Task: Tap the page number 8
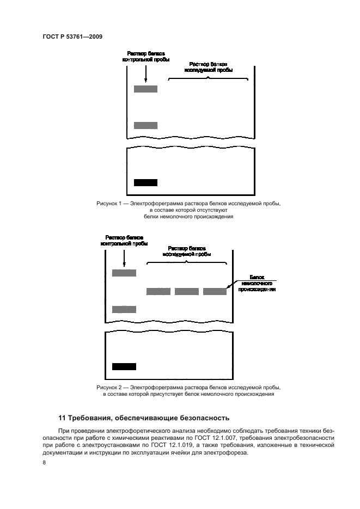click(x=44, y=462)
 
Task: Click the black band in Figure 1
click(x=145, y=182)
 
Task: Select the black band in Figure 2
click(x=124, y=366)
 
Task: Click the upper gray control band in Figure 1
click(x=145, y=89)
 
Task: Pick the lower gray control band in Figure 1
click(x=145, y=125)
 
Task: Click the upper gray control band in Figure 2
click(x=124, y=273)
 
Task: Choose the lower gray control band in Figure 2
click(x=124, y=309)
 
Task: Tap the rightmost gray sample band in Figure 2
click(x=215, y=291)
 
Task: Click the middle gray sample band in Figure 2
click(x=186, y=291)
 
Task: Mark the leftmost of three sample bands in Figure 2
click(x=158, y=291)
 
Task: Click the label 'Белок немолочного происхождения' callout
click(x=257, y=283)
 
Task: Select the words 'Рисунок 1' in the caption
click(x=108, y=204)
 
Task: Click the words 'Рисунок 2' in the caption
click(x=108, y=388)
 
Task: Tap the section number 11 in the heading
click(x=62, y=418)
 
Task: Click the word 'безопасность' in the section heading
click(x=207, y=418)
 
